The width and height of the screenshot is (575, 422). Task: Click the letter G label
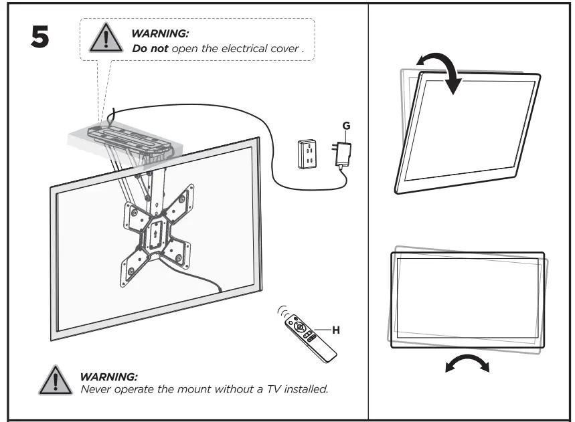(345, 126)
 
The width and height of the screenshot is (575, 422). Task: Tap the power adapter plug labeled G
(343, 154)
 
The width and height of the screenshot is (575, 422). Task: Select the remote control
(310, 334)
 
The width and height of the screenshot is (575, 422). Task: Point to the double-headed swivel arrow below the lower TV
(467, 364)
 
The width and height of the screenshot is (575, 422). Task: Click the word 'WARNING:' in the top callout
(160, 33)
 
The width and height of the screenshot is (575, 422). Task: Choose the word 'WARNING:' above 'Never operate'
(108, 377)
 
